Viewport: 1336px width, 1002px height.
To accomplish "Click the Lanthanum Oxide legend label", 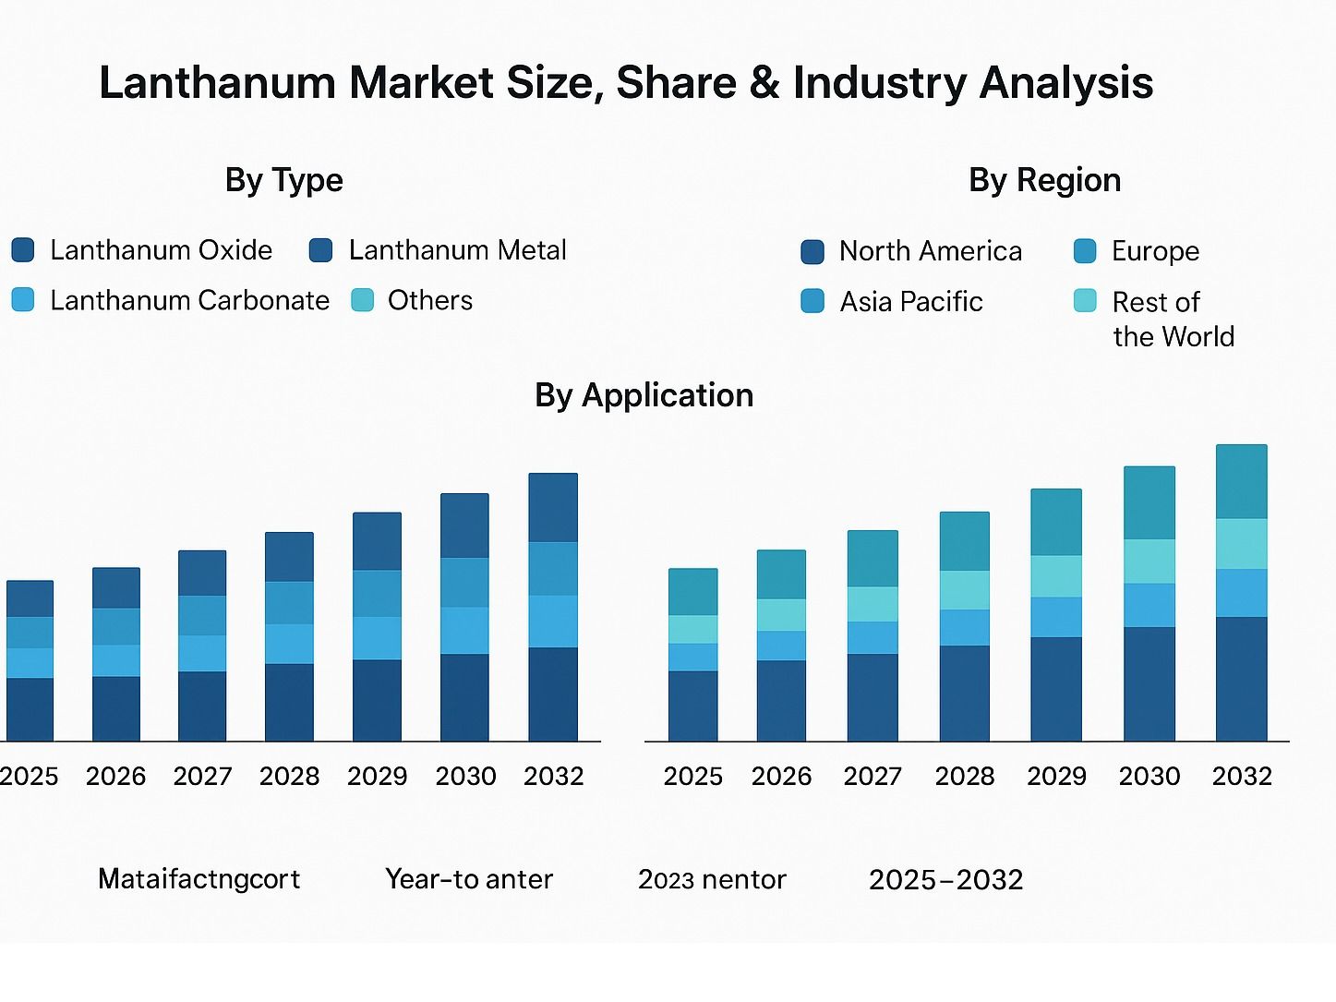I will click(161, 250).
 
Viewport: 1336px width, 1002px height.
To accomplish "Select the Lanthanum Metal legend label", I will click(457, 250).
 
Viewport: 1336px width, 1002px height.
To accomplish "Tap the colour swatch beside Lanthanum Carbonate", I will click(23, 300).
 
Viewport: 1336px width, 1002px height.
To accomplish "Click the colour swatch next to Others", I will click(363, 300).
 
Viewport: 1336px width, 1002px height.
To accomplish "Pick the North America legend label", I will click(930, 251).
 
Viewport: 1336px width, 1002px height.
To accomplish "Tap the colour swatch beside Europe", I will click(1085, 251).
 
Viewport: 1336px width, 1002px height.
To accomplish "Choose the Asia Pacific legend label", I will click(910, 302).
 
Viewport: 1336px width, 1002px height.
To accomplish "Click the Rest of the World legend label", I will click(1173, 319).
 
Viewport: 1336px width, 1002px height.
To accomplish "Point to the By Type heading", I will click(283, 180).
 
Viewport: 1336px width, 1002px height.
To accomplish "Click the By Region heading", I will click(1044, 180).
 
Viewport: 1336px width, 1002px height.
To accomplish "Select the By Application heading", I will click(644, 395).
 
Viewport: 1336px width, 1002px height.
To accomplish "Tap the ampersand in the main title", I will click(764, 83).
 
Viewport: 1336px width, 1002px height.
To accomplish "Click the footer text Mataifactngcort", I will click(199, 879).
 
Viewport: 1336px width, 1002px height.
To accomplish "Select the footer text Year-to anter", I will click(468, 879).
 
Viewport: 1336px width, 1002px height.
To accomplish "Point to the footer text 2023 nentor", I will click(711, 879).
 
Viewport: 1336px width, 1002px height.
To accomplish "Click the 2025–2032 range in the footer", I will click(945, 879).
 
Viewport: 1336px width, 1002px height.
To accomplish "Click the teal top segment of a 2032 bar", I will click(1241, 481).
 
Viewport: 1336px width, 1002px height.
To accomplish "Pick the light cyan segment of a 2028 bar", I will click(964, 590).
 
